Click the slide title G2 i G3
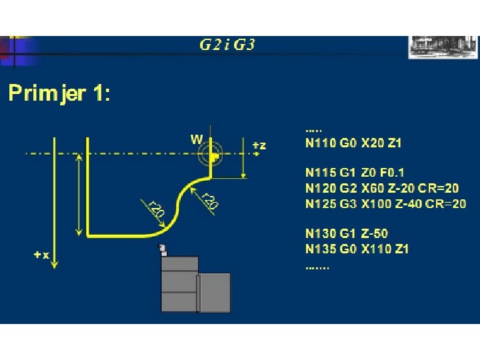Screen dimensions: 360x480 point(227,45)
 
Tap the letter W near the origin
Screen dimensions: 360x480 point(197,139)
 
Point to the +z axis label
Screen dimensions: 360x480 point(260,145)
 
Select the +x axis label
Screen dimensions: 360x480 point(41,255)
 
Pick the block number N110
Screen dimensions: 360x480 point(319,143)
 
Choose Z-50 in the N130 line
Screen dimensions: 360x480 point(375,234)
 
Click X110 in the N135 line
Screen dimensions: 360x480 point(377,249)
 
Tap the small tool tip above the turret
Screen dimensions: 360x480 point(162,250)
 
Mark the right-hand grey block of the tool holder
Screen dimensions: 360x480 point(215,292)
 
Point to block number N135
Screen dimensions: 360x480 point(319,249)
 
